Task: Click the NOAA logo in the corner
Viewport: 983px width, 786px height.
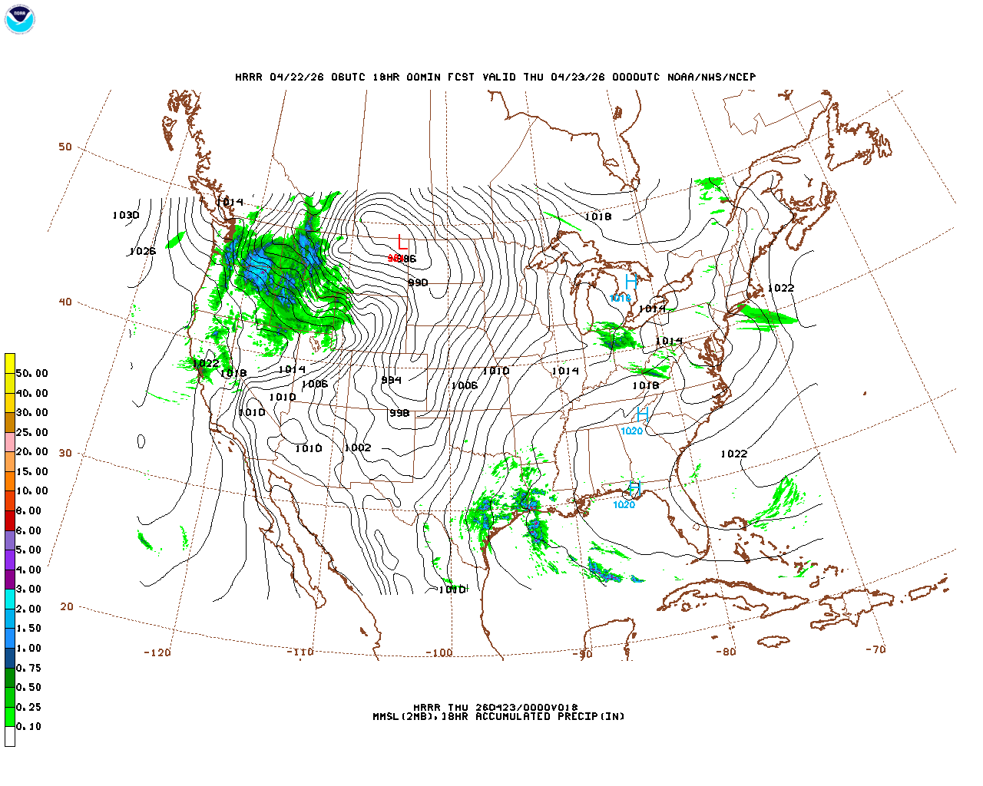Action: [19, 19]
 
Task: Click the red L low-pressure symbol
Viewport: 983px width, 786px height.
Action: [402, 243]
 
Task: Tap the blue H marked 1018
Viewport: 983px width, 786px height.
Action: [631, 282]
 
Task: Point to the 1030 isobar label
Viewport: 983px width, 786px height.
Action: [126, 216]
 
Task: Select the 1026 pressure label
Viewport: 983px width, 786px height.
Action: [142, 252]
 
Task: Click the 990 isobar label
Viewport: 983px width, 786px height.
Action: [418, 283]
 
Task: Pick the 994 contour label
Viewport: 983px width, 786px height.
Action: [391, 380]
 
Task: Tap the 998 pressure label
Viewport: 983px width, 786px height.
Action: [399, 414]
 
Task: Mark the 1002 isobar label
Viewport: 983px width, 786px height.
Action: [358, 448]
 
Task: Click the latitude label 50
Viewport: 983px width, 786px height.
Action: [65, 147]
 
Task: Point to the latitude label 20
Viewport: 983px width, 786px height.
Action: [67, 606]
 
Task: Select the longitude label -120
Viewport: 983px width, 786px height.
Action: [157, 653]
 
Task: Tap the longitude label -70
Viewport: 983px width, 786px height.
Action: [875, 649]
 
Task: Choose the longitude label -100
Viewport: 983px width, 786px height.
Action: [439, 653]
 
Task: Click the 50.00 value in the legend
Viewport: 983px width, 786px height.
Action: [31, 374]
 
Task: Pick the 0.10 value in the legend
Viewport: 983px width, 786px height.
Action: [28, 726]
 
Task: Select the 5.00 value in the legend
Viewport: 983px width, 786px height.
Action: [28, 550]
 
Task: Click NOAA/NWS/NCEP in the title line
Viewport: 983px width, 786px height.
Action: [711, 78]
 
